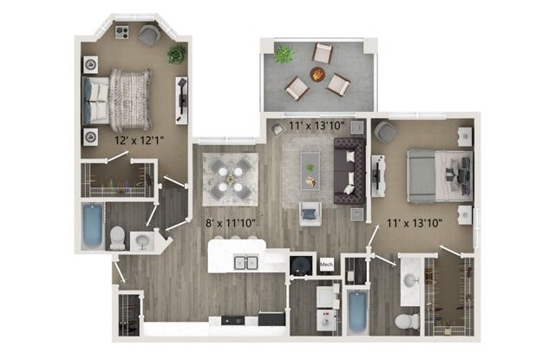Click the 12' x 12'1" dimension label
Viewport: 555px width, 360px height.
[x=139, y=141]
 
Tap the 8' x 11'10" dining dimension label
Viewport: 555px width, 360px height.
[x=231, y=223]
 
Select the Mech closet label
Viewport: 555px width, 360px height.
[x=326, y=265]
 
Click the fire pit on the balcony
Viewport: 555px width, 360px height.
[x=317, y=75]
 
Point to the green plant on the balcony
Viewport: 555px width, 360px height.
[x=284, y=54]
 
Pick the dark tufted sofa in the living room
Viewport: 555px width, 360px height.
[x=349, y=171]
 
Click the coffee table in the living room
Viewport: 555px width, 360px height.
[x=310, y=171]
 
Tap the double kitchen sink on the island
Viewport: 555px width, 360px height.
[x=246, y=262]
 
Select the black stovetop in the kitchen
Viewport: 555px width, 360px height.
[x=232, y=320]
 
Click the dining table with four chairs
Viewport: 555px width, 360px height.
[x=230, y=179]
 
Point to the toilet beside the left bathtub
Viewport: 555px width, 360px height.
[x=118, y=238]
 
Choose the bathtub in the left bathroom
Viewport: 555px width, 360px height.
[x=93, y=226]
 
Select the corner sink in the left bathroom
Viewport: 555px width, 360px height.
[x=142, y=241]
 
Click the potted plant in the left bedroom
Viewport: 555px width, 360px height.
[x=176, y=55]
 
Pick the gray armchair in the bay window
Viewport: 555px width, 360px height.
[x=149, y=35]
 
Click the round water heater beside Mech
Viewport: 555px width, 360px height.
[x=301, y=265]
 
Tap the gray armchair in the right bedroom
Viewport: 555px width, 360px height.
[x=385, y=133]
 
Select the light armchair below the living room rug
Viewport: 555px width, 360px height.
[x=310, y=213]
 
